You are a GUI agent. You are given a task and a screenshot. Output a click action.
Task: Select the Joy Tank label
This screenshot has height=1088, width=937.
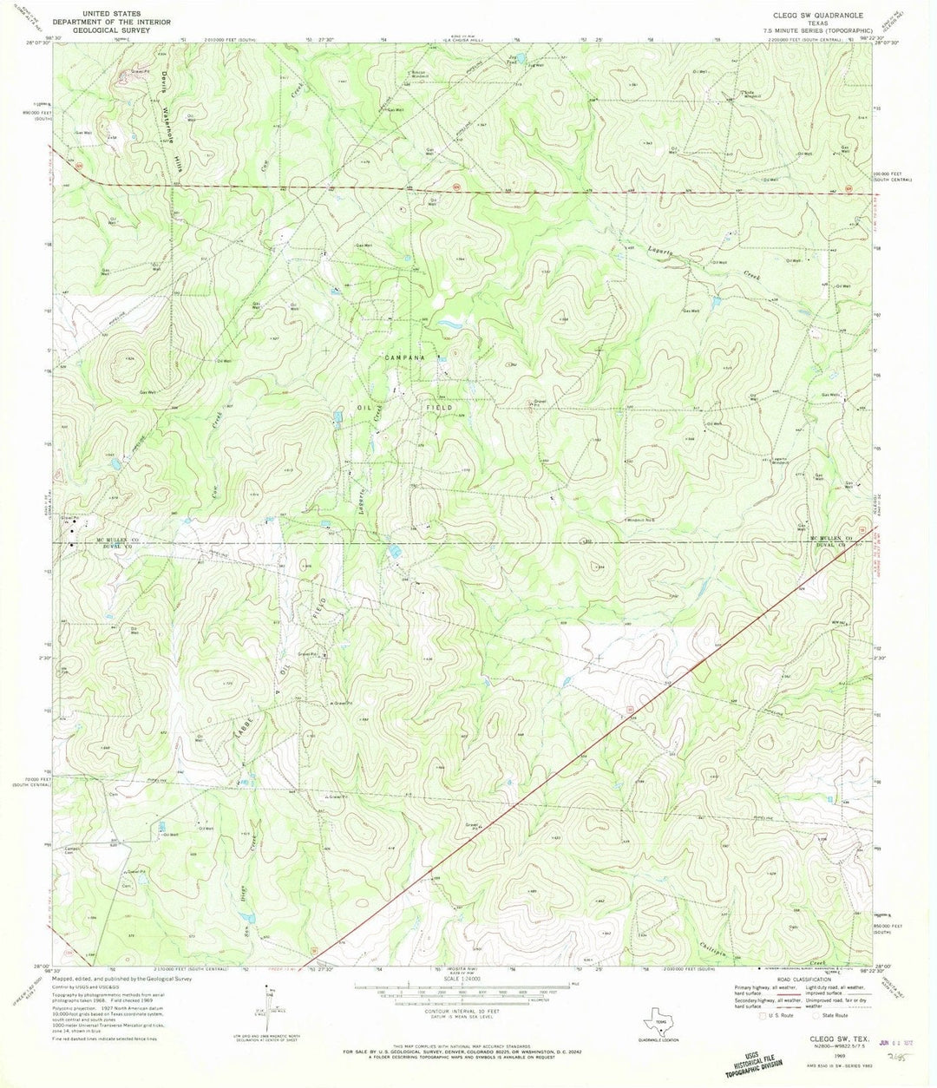click(x=511, y=60)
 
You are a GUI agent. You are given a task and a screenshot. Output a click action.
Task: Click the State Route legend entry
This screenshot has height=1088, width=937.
click(x=837, y=1014)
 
